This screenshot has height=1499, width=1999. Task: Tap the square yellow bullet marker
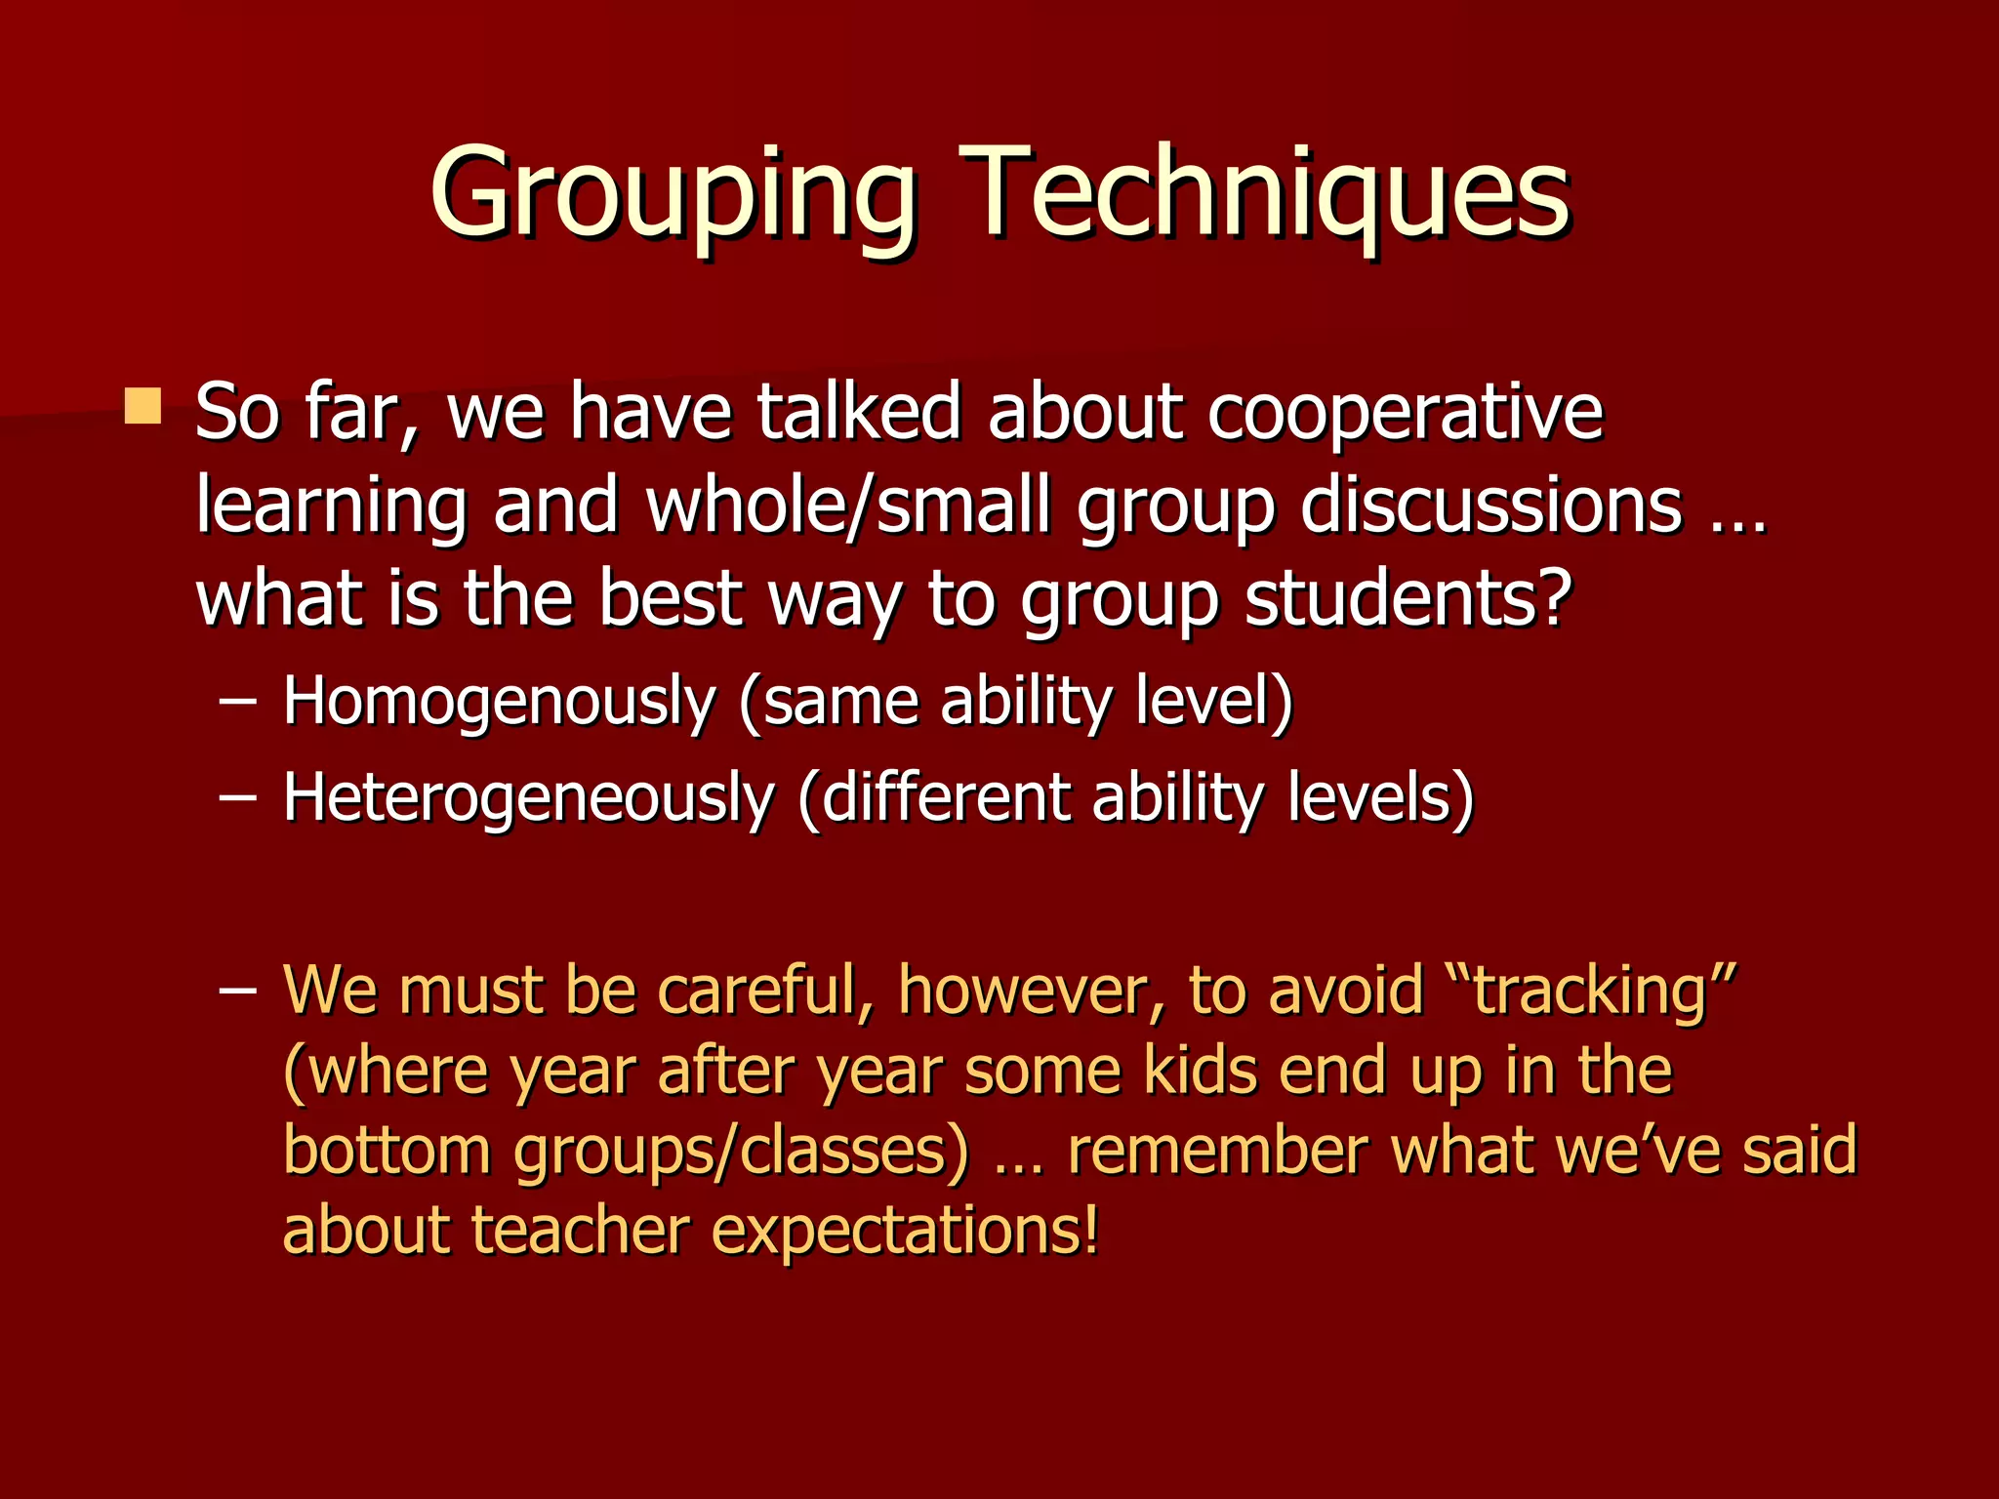(143, 406)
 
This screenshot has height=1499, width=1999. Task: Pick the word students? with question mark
(1409, 598)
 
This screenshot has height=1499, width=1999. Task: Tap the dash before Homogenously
(238, 701)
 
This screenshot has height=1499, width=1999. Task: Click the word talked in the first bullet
(860, 413)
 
